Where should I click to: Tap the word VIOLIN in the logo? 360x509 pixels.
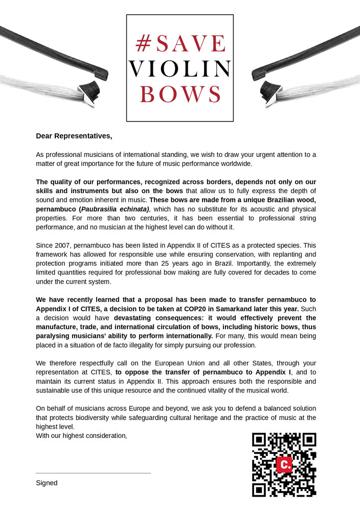[180, 70]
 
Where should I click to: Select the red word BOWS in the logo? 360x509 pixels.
[180, 95]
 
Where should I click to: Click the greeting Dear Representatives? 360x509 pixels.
[74, 136]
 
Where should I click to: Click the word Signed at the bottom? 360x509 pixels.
[47, 483]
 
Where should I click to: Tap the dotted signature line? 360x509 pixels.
[93, 473]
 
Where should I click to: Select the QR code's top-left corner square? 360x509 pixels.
[260, 440]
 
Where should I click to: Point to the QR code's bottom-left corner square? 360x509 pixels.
[260, 490]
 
